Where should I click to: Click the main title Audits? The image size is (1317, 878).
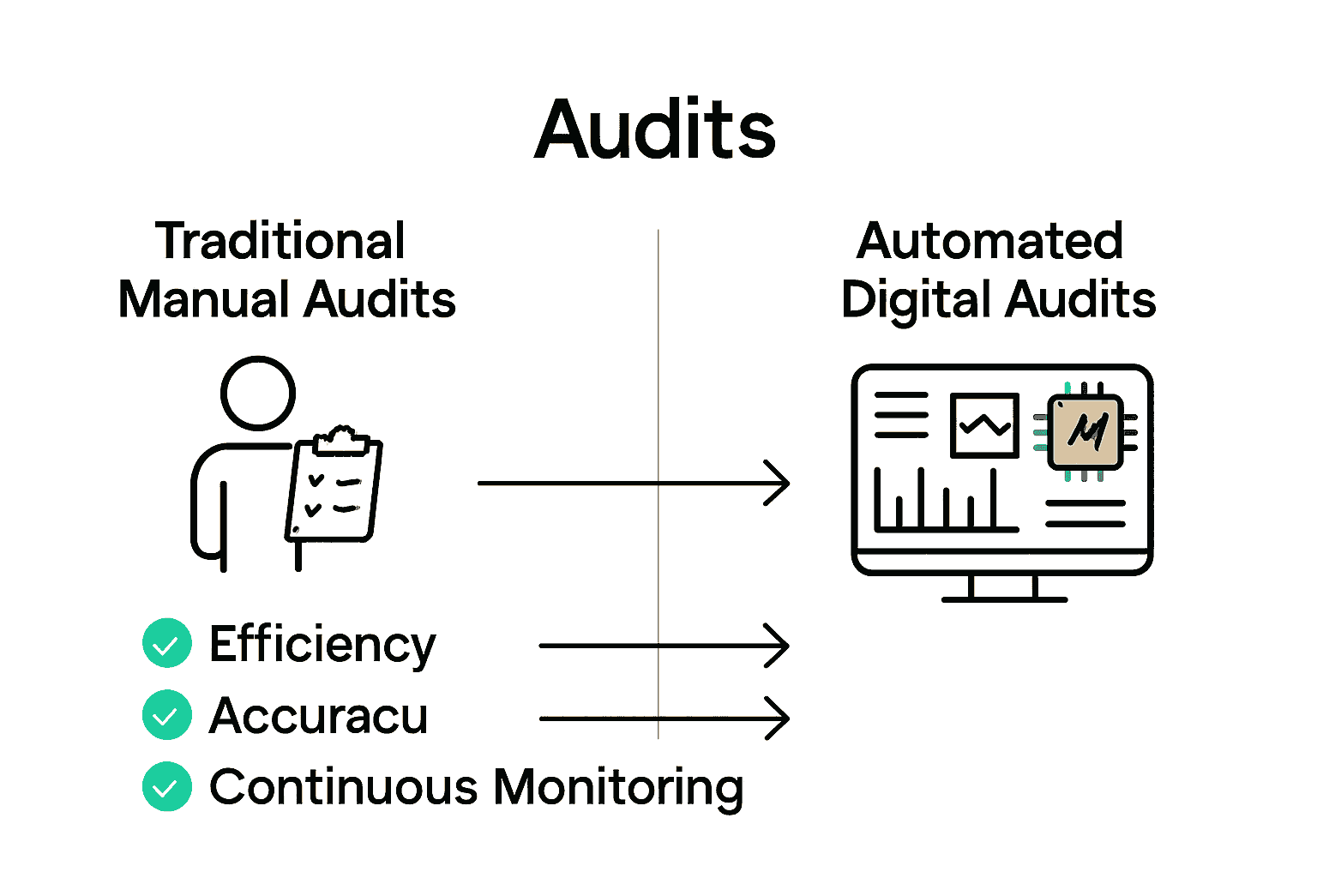655,130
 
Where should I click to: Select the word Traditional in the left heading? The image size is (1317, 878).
280,241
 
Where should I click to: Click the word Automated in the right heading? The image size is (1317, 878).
989,241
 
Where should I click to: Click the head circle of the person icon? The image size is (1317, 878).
258,394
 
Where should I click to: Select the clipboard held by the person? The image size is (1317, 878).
334,489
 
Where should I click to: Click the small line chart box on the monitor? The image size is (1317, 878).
984,425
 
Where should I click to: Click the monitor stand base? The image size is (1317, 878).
1004,598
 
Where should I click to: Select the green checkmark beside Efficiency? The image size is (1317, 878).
167,643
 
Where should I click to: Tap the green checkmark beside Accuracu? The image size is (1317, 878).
167,715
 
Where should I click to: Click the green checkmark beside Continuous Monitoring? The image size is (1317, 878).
167,786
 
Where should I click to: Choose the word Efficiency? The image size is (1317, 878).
322,645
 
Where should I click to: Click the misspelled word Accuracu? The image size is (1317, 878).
318,716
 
